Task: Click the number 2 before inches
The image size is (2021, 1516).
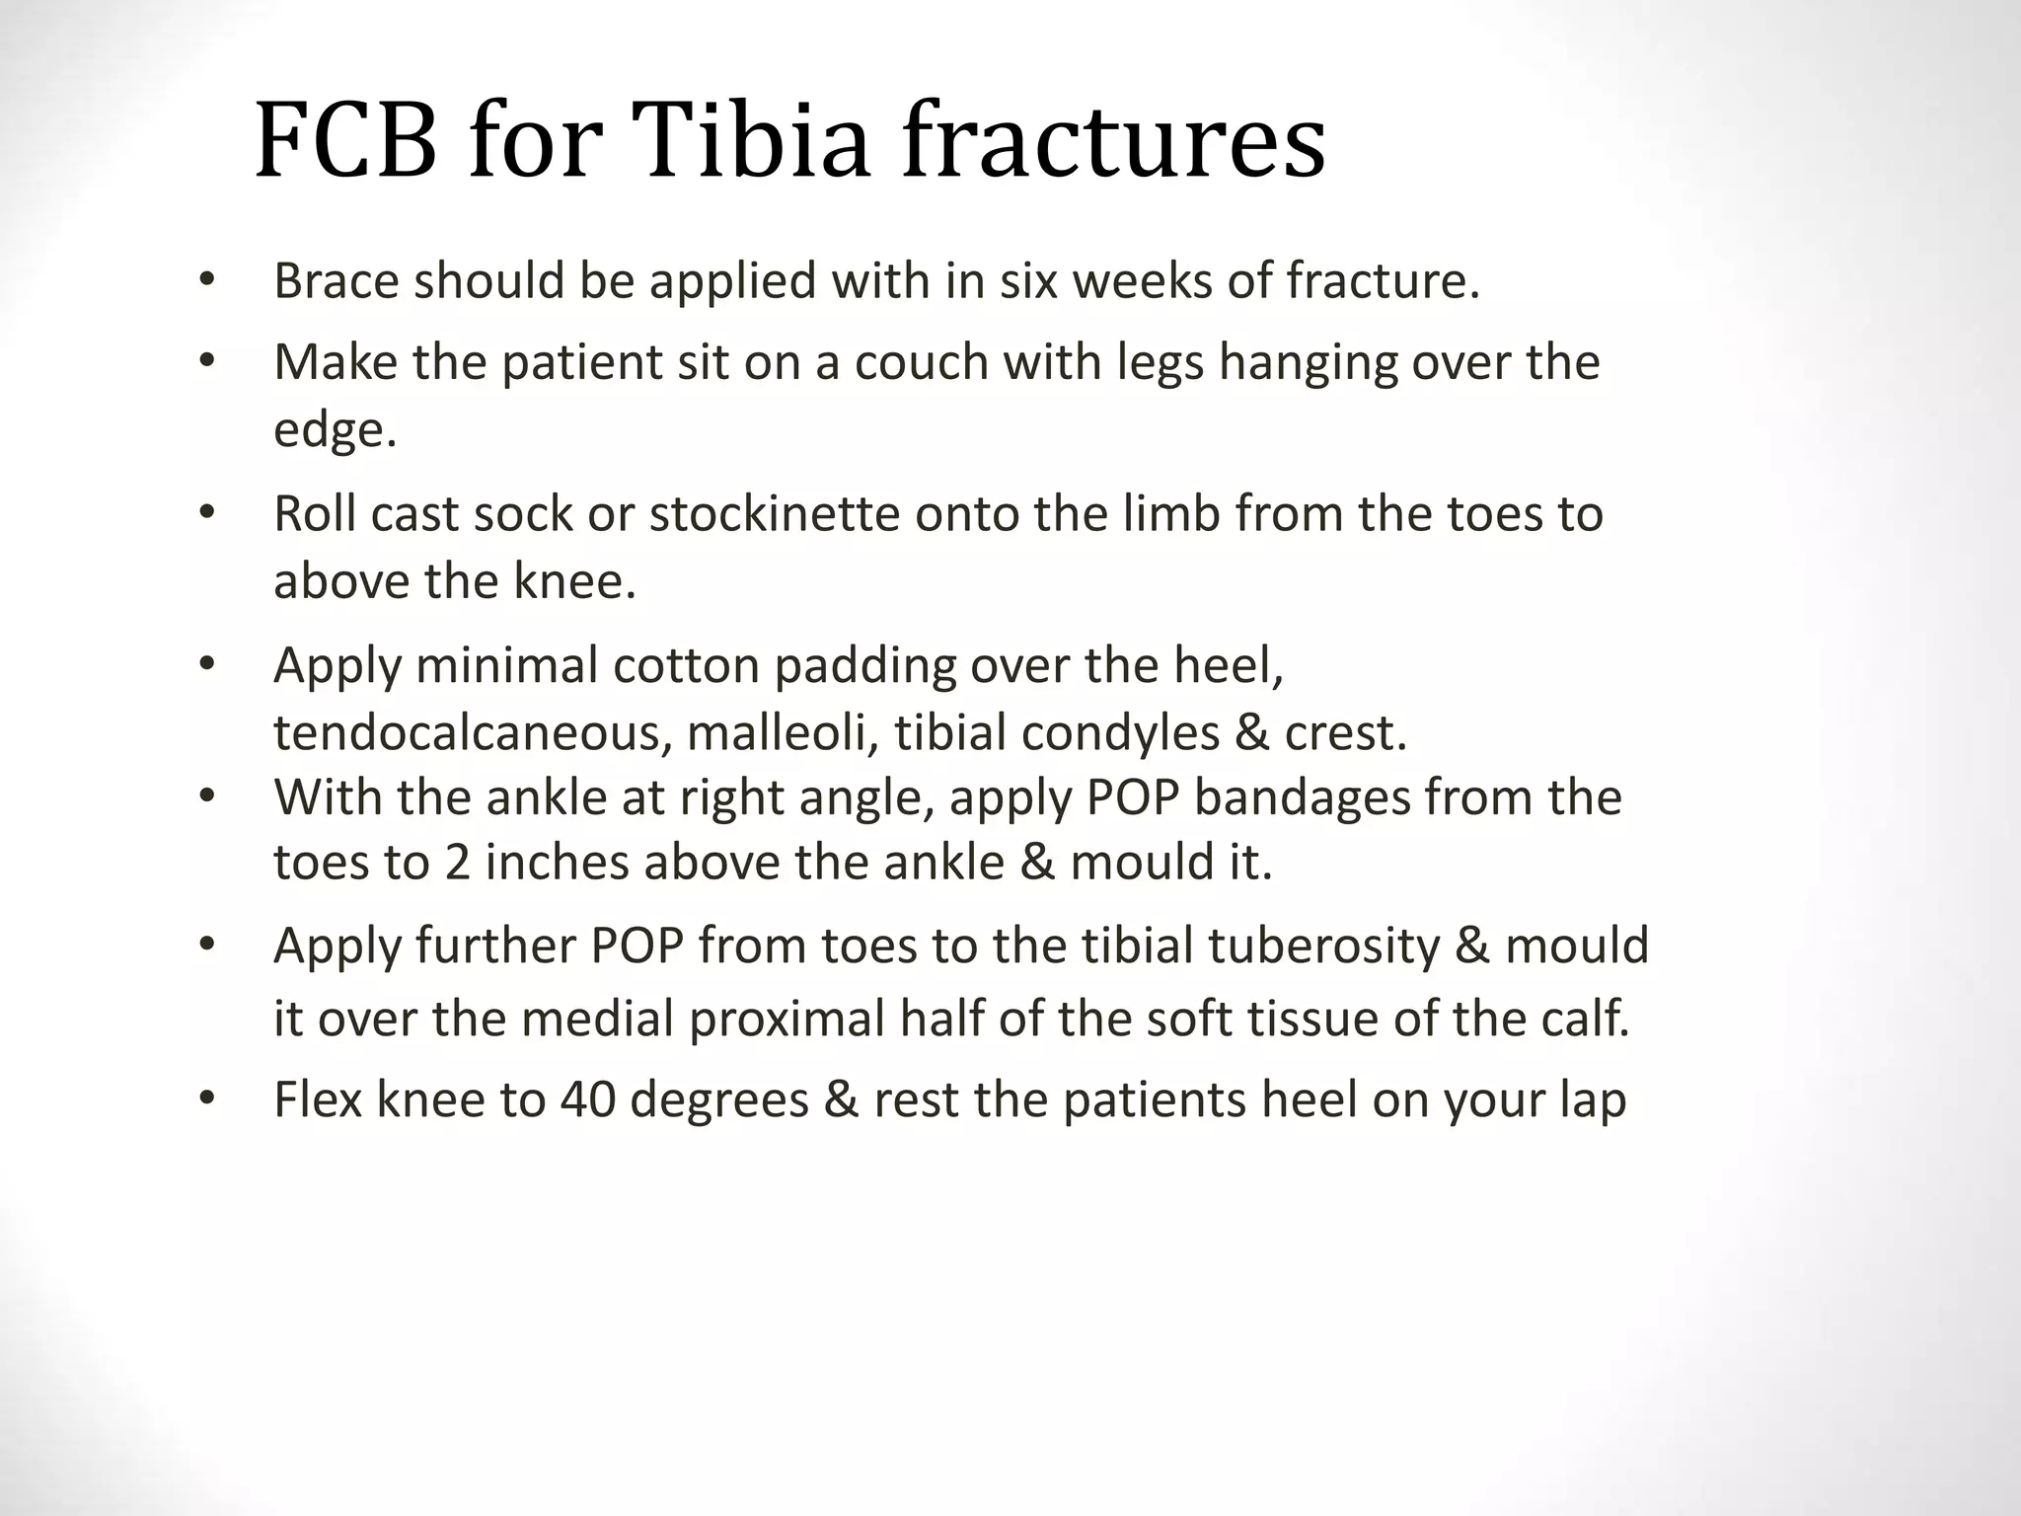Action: pos(457,863)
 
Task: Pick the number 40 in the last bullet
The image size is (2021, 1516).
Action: pos(587,1100)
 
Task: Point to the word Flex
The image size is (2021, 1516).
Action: pos(318,1100)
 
